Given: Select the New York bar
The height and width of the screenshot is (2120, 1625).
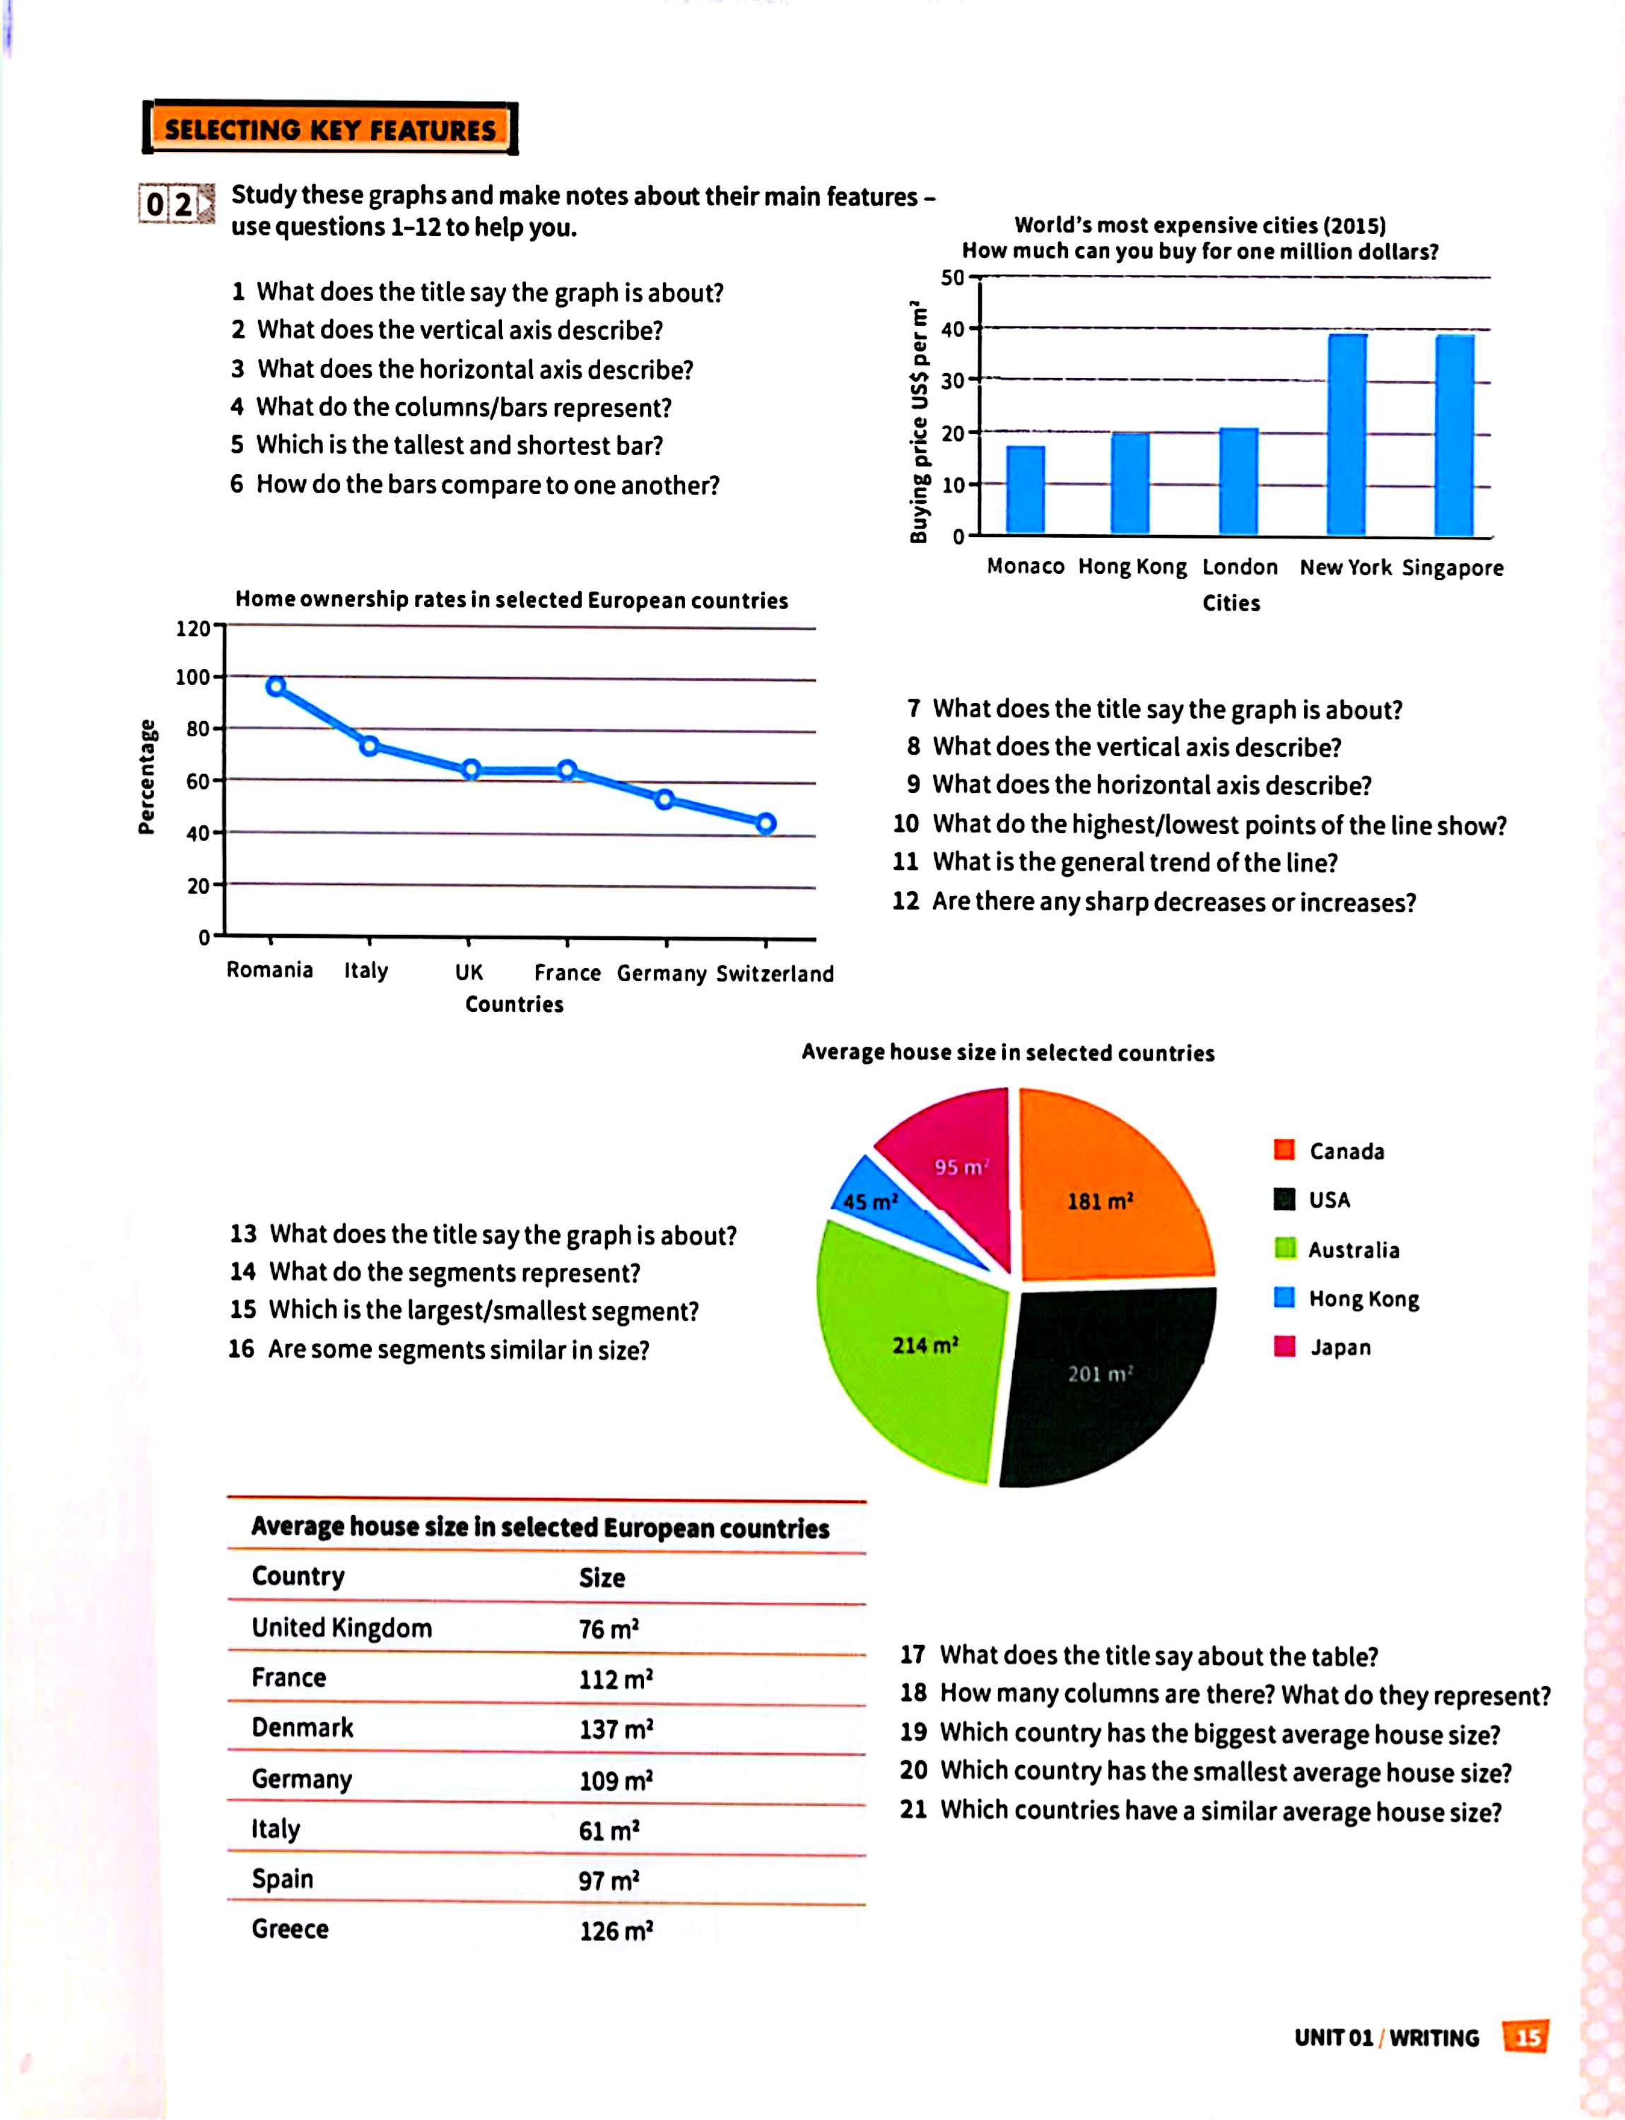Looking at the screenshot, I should [1347, 435].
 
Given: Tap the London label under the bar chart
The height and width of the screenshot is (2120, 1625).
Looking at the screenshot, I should [1239, 567].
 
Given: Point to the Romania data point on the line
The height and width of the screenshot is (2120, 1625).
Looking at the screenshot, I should [276, 687].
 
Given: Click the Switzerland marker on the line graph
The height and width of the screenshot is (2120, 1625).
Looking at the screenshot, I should [766, 824].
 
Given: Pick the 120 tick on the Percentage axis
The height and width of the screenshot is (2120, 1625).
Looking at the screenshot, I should [194, 628].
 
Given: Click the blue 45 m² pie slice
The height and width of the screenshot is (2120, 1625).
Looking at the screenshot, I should [875, 1199].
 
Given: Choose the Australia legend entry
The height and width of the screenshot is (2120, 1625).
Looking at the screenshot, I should [1352, 1249].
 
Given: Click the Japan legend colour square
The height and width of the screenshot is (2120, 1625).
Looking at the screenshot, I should [1284, 1346].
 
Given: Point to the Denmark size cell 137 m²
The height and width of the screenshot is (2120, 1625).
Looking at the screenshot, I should [616, 1729].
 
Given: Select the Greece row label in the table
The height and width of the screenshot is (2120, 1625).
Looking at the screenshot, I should [291, 1928].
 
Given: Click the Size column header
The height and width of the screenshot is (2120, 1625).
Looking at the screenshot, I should [602, 1577].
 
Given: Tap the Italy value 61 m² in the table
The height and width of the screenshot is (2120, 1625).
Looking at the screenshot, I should [609, 1830].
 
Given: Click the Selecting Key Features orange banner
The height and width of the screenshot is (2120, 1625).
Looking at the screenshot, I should [330, 129].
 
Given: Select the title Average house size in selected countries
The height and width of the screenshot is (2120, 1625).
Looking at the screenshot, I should [1008, 1052].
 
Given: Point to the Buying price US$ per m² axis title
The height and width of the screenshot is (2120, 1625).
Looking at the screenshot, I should [919, 423].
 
